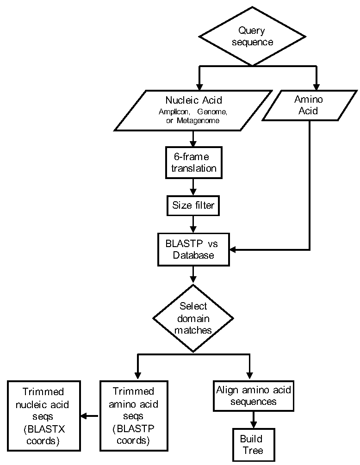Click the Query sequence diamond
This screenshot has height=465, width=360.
coord(252,36)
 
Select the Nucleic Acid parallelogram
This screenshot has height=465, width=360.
coord(193,110)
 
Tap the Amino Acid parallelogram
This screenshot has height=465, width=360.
coord(309,105)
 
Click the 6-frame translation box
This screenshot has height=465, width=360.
coord(193,162)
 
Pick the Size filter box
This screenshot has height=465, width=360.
coord(193,205)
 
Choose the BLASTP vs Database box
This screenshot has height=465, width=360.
coord(193,249)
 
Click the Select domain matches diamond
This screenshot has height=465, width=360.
coord(193,318)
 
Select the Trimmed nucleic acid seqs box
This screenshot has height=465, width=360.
coord(44,416)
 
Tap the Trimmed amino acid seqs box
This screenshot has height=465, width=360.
coord(134,416)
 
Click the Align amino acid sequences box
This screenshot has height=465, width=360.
coord(254,396)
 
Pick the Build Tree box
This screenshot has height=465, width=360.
coord(254,445)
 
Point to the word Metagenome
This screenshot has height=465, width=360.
coord(198,121)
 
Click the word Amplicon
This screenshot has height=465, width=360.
coord(174,112)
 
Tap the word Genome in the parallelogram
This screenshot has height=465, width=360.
coord(212,112)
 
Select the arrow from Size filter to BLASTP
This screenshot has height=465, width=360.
coord(193,224)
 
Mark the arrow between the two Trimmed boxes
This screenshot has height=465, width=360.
coord(89,416)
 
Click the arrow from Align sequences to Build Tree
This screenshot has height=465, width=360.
coord(253,420)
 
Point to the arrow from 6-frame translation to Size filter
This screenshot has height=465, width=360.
coord(193,187)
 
